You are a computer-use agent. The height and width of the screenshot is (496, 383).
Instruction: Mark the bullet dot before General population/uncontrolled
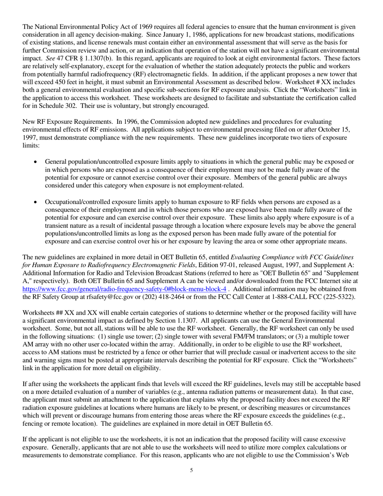[x=36, y=162]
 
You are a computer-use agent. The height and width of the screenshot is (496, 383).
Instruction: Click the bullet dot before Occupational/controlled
[x=36, y=202]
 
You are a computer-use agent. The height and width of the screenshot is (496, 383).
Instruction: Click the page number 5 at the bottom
[x=191, y=470]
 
